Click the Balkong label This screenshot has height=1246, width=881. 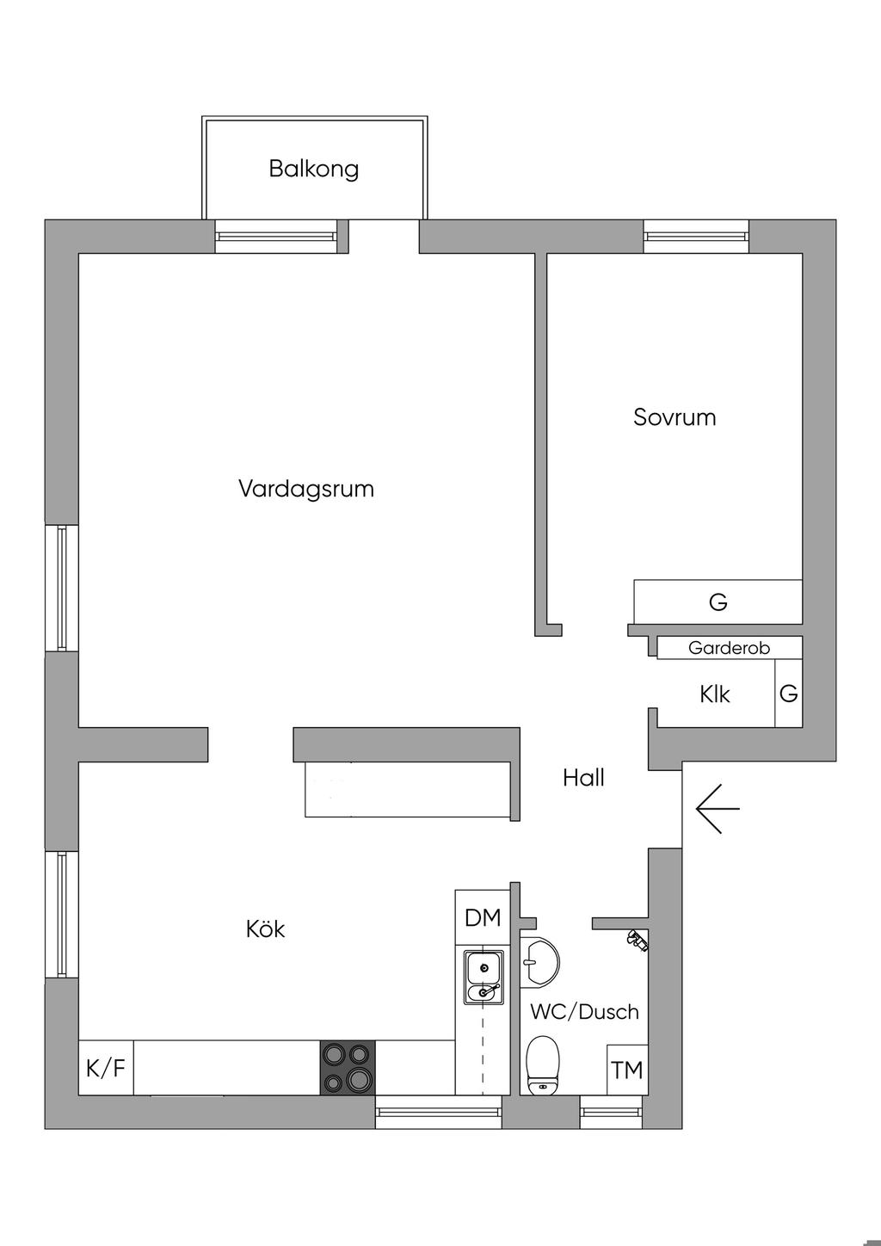click(x=313, y=169)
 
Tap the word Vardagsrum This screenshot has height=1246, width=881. click(x=306, y=490)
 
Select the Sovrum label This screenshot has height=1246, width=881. click(x=675, y=418)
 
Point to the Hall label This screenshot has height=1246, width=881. click(x=583, y=778)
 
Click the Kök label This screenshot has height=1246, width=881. click(x=265, y=929)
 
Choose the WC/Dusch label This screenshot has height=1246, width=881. click(x=584, y=1012)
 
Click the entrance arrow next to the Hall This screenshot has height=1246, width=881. click(x=717, y=810)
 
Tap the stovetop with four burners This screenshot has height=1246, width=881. click(x=348, y=1068)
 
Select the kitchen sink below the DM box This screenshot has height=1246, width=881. click(x=484, y=978)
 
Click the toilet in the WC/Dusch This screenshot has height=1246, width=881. click(x=542, y=1064)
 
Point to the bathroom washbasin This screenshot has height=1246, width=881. click(x=539, y=959)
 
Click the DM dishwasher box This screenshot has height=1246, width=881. click(x=483, y=918)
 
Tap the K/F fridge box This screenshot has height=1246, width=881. click(x=106, y=1069)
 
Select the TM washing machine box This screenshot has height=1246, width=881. click(x=627, y=1070)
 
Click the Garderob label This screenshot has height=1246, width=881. click(x=729, y=648)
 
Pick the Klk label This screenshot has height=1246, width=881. click(x=714, y=694)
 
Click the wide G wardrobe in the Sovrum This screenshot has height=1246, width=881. click(x=718, y=601)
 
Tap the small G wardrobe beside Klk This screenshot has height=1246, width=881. click(x=788, y=694)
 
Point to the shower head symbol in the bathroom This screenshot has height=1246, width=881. click(x=637, y=941)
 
